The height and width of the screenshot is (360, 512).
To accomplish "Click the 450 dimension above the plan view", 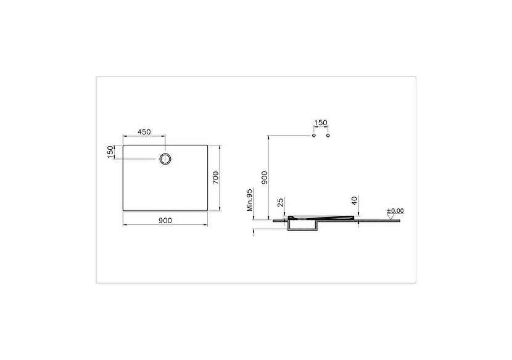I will tap(144, 132).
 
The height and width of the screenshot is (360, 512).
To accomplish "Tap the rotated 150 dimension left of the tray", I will tap(111, 152).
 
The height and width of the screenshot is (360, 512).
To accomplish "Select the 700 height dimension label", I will tap(215, 178).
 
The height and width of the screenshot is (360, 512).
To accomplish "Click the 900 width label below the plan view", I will tap(165, 220).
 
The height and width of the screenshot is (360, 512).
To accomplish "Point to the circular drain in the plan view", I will tap(166, 158).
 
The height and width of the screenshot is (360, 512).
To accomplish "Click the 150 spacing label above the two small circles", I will tap(321, 123).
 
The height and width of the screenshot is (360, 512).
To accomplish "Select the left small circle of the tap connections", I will tap(314, 135).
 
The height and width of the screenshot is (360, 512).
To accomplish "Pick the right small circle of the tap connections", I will tap(328, 135).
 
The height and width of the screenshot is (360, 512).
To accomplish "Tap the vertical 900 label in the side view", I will tap(265, 178).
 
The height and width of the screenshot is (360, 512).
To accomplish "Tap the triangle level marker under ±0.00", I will tap(390, 216).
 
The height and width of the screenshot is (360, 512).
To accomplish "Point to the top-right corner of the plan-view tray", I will tap(207, 145).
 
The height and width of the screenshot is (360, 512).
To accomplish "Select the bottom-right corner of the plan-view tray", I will tap(207, 210).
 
